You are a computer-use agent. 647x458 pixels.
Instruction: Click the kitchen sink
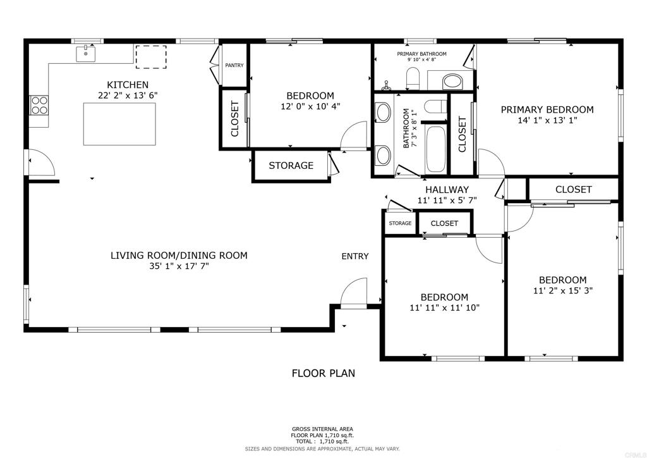pos(85,54)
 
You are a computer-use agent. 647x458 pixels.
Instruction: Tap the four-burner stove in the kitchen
pos(39,104)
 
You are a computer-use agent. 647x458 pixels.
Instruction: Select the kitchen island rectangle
pos(119,124)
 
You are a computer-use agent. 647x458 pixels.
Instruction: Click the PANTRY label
pos(234,65)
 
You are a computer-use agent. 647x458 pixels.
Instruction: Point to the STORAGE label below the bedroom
pos(291,166)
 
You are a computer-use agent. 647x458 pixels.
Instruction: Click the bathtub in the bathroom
pos(435,149)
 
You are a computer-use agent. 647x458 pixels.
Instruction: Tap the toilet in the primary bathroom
pos(413,79)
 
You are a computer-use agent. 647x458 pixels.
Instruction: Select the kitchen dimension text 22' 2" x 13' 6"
pos(128,96)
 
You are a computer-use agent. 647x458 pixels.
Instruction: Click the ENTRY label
pos(355,256)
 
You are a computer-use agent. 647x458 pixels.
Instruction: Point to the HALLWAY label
pos(447,190)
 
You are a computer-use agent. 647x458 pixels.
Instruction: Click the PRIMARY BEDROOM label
pos(547,110)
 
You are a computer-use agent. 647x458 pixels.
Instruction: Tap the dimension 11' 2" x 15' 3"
pos(563,290)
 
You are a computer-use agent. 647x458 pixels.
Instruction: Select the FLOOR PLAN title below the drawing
pos(323,373)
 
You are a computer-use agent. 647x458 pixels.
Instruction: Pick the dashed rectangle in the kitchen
pos(151,57)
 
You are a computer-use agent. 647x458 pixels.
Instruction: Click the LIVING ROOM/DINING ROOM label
pos(179,255)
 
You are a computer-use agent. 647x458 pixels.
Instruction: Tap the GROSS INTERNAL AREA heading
pos(322,429)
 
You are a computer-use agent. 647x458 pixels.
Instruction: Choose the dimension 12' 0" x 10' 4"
pos(310,106)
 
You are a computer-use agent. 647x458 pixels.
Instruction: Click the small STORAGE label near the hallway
pos(400,223)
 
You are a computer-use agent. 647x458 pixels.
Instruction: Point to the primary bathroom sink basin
pos(453,82)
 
